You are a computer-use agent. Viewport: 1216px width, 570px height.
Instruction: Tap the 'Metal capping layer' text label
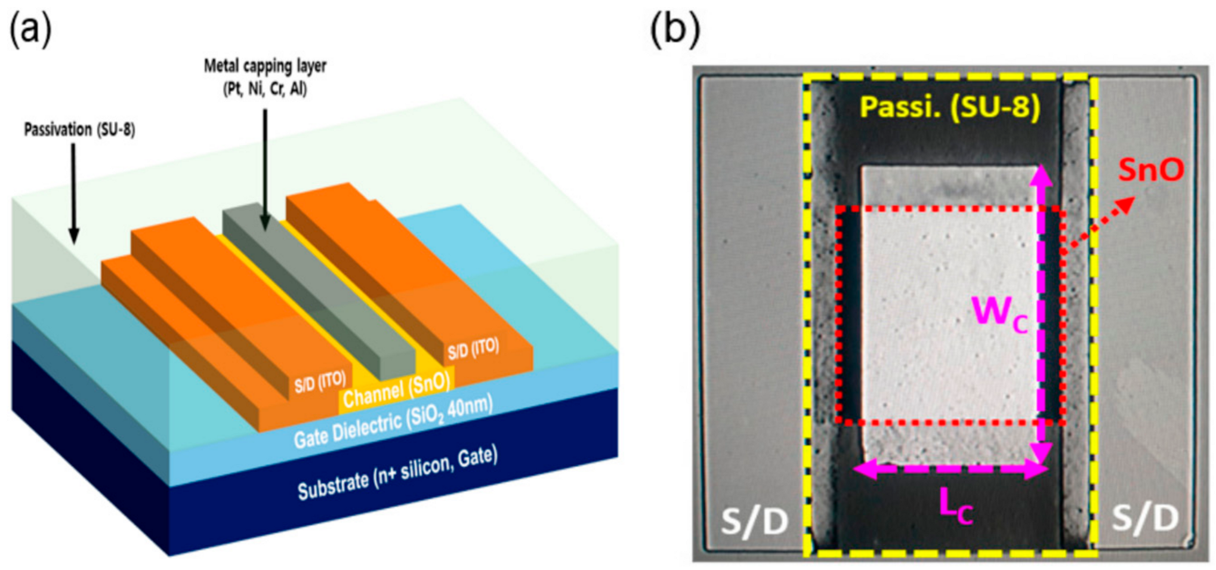265,66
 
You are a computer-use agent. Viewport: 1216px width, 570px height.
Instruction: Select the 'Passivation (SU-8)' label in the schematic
79,130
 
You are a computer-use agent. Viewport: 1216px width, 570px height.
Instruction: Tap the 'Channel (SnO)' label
396,391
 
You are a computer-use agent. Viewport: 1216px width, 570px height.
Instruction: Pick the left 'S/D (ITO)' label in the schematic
320,382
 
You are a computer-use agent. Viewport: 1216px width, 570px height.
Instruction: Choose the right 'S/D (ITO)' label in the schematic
473,349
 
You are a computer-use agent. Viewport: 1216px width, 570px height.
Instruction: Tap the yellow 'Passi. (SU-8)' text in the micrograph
950,107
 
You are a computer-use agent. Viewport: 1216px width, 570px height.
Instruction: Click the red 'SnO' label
1150,170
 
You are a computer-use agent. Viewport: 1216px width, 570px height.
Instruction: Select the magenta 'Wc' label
999,313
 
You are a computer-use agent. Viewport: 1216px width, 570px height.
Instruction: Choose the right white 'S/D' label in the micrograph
1146,517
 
